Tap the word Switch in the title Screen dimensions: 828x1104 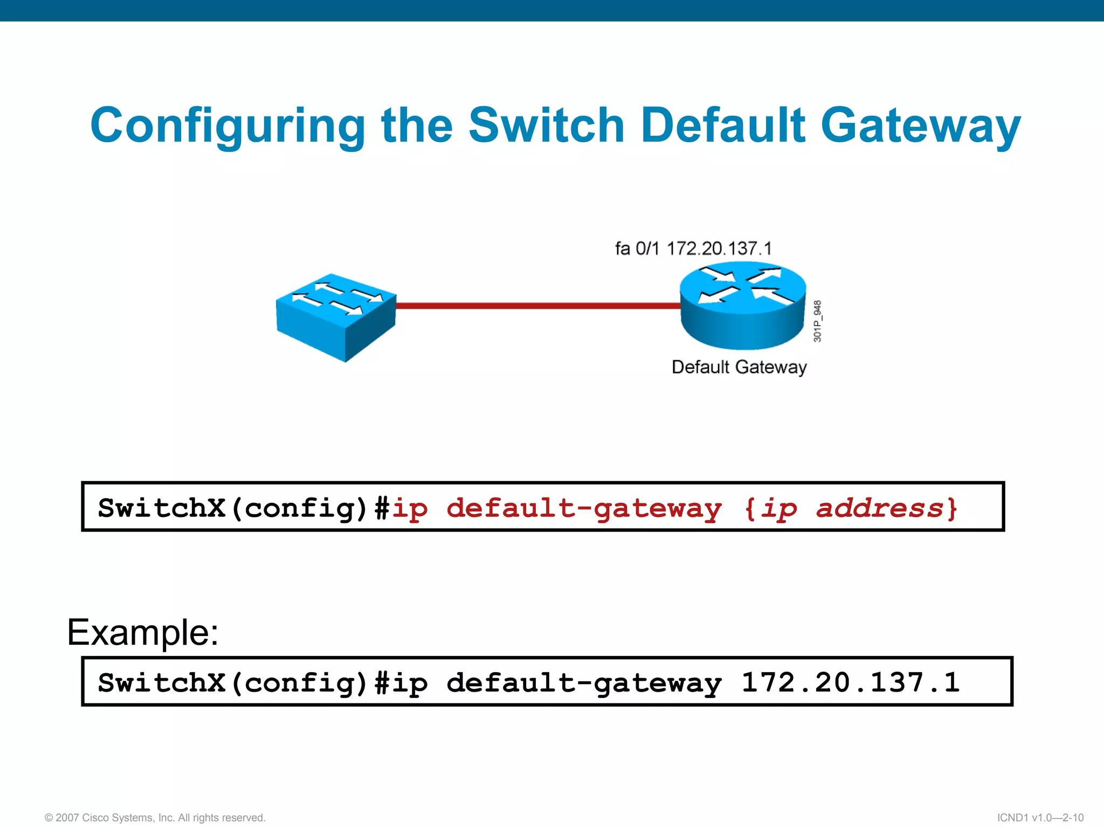coord(546,125)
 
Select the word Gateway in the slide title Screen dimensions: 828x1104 coord(920,126)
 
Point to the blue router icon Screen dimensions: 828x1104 coord(743,306)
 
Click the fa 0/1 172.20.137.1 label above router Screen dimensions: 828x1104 coord(693,249)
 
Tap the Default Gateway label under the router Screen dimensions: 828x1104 coord(739,367)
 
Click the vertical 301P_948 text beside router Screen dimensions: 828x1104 coord(817,321)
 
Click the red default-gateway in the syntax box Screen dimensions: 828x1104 coord(584,508)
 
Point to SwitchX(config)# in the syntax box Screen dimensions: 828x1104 coord(243,508)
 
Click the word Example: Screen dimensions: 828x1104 coord(143,632)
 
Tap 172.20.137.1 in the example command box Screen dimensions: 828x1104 coord(851,682)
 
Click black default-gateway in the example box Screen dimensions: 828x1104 coord(584,683)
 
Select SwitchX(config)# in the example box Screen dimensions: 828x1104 coord(243,683)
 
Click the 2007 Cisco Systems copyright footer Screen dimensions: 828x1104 coord(155,818)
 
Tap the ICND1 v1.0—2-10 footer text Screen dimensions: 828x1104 coord(1040,818)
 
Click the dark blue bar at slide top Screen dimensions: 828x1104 coord(552,10)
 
